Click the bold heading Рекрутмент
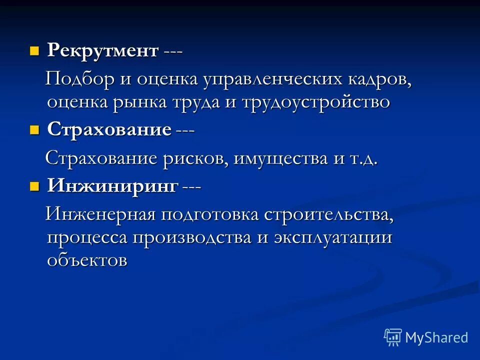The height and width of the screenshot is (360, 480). [103, 50]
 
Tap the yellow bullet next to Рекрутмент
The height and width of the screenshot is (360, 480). [34, 50]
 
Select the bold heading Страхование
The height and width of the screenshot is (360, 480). [109, 129]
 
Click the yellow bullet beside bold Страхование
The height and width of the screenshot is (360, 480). [34, 130]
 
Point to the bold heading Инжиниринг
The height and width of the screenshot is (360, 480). [112, 186]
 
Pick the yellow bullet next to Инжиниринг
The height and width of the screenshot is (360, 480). [34, 187]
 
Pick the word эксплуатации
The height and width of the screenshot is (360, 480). [332, 237]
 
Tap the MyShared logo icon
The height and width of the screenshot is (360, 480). [393, 337]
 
